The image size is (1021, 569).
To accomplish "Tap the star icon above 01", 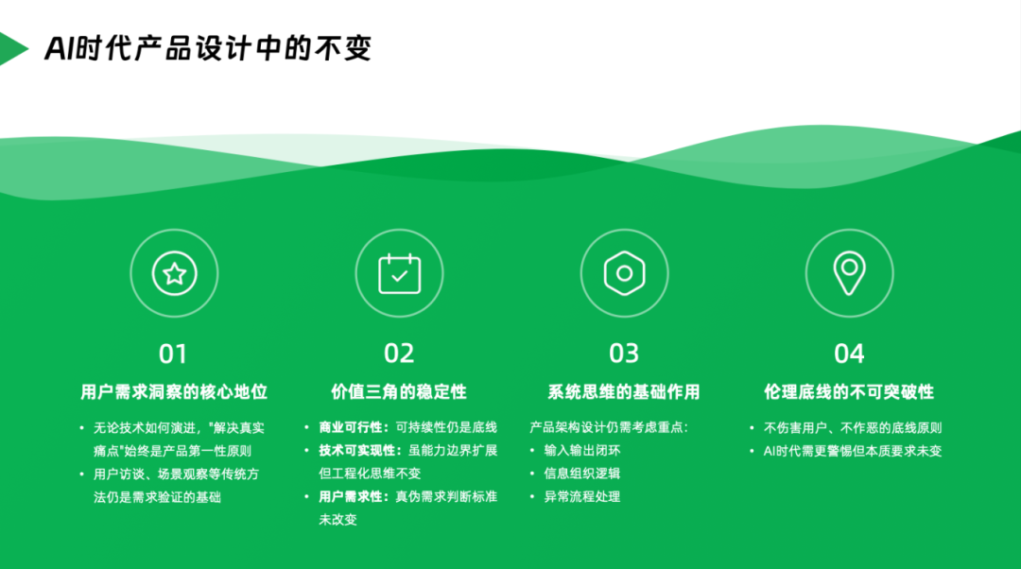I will [174, 274].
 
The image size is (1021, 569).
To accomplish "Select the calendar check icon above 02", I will [399, 274].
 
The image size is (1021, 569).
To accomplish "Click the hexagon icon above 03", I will [624, 274].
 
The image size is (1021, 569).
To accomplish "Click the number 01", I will [173, 353].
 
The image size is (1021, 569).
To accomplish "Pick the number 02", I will [399, 353].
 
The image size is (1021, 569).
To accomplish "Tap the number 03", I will [624, 353].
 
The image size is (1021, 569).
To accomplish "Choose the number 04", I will [849, 353].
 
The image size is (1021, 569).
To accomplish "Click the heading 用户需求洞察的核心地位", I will [174, 392].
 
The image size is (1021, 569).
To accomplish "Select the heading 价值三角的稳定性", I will [399, 392].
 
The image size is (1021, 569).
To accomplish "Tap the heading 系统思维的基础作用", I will [624, 392].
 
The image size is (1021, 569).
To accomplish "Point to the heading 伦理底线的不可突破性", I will [849, 392].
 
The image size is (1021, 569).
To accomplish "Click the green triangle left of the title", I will [11, 49].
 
